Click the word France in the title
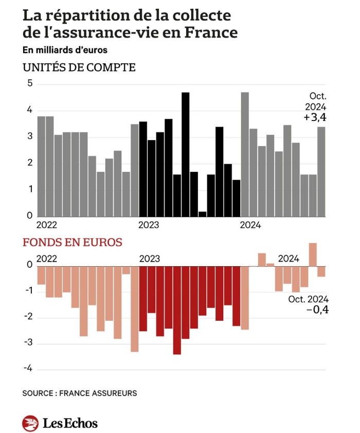tap(212, 32)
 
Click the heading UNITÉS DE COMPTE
tap(79, 67)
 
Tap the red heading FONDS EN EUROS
tap(72, 242)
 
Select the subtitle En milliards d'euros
tap(65, 50)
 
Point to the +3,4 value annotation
tap(315, 118)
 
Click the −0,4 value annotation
tap(317, 309)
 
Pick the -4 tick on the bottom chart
tap(28, 369)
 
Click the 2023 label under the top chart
tap(149, 225)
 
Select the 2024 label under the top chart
tap(250, 225)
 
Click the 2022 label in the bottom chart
tap(47, 258)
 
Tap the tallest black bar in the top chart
tap(186, 154)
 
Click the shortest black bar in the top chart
tap(203, 214)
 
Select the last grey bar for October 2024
tap(321, 171)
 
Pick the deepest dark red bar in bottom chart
tap(177, 310)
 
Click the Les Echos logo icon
tap(30, 423)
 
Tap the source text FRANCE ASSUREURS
tap(98, 393)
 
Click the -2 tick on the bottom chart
tap(28, 317)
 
